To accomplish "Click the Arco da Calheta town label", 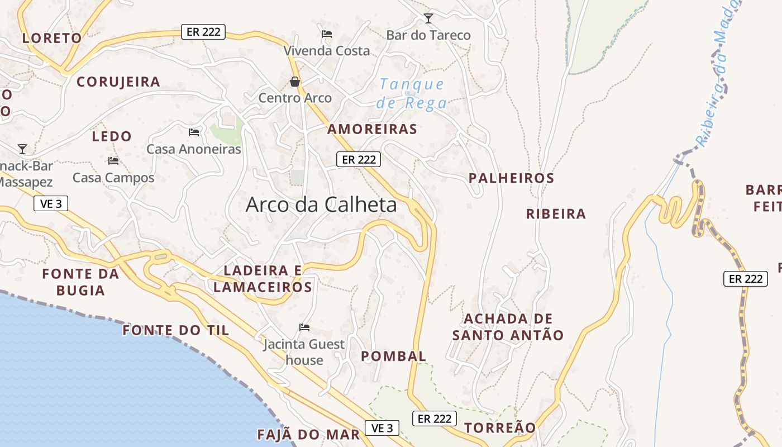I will coord(321,205).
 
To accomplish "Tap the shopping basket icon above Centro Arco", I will coord(295,82).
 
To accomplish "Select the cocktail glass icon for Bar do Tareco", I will coord(428,18).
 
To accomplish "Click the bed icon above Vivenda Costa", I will coord(327,34).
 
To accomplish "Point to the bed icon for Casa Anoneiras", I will coord(194,132).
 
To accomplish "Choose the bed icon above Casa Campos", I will coord(113,161).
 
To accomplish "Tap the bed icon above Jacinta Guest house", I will coord(304,327).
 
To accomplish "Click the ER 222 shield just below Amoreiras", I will coord(359,160).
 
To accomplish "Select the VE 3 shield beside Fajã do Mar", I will coord(383,428).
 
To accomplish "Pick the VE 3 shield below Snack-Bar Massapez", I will coord(51,203).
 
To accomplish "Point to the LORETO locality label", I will coord(52,38).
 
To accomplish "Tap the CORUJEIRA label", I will coord(118,82).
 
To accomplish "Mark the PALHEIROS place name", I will coord(511,178).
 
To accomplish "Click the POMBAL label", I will coord(393,356).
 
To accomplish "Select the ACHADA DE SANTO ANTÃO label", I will coord(508,327).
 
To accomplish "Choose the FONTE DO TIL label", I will coord(176,330).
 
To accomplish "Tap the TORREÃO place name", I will coord(500,427).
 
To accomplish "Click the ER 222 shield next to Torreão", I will coord(435,418).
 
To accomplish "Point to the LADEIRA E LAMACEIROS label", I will coord(263,279).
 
